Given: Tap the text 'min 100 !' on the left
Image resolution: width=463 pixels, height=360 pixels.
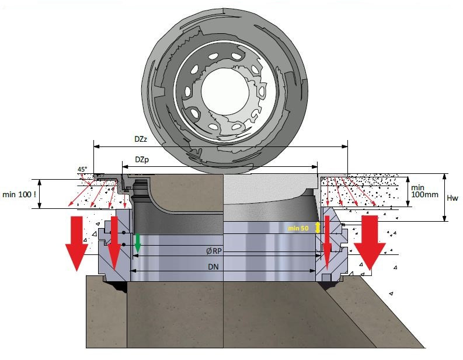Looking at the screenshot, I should tap(19, 194).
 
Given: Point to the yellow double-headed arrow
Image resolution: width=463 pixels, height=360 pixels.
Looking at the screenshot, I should tap(317, 228).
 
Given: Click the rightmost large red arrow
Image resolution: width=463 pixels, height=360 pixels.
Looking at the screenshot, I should tap(368, 243).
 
